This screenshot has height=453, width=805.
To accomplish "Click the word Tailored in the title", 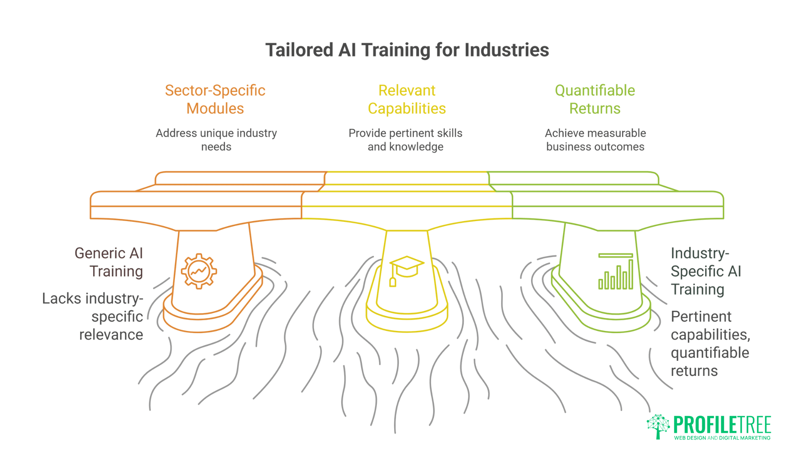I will pyautogui.click(x=299, y=50).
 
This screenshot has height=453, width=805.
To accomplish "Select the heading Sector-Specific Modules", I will pyautogui.click(x=215, y=99).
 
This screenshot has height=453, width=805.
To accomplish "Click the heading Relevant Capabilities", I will pyautogui.click(x=407, y=99).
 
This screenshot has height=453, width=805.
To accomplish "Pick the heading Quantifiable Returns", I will pyautogui.click(x=595, y=99).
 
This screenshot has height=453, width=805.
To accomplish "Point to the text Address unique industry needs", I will pyautogui.click(x=216, y=140).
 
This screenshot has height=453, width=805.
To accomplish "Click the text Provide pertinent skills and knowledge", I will pyautogui.click(x=405, y=140).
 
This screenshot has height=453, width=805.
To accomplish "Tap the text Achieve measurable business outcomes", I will pyautogui.click(x=595, y=140).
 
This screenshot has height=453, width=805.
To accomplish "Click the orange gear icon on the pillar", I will pyautogui.click(x=199, y=271).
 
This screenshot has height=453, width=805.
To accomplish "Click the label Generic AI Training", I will pyautogui.click(x=109, y=262).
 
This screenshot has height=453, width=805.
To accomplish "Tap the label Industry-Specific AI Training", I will pyautogui.click(x=706, y=271).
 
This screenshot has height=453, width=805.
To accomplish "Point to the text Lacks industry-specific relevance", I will pyautogui.click(x=93, y=316).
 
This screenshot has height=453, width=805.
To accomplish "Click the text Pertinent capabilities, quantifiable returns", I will pyautogui.click(x=710, y=344).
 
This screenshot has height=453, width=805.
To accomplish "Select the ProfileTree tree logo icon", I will pyautogui.click(x=658, y=426).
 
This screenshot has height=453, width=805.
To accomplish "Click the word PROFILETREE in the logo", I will pyautogui.click(x=722, y=425).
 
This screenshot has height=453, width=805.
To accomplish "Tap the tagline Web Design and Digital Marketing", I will pyautogui.click(x=722, y=438).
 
